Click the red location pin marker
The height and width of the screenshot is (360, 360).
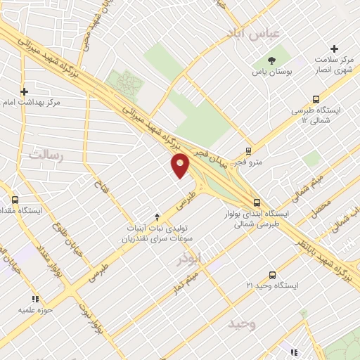[181, 166]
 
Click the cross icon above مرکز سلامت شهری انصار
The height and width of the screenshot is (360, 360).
[334, 49]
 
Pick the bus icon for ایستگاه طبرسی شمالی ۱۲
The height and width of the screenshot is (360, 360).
[315, 99]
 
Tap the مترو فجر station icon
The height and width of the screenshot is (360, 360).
[248, 150]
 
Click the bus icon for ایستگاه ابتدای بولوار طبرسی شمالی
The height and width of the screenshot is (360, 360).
[256, 202]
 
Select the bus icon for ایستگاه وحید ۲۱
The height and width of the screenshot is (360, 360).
[272, 275]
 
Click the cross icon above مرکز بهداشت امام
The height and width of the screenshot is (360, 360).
[25, 91]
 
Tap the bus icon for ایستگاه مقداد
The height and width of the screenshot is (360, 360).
[15, 200]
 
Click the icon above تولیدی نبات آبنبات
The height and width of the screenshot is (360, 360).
[157, 217]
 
